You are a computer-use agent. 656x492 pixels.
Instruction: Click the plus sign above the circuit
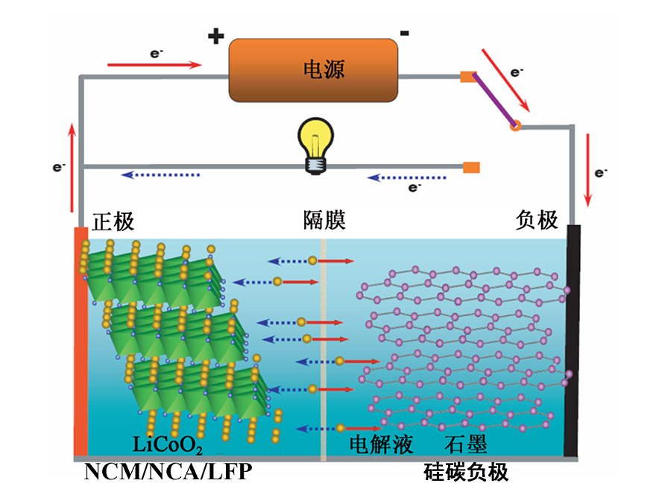[x=215, y=37]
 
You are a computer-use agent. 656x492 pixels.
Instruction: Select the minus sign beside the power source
[x=403, y=33]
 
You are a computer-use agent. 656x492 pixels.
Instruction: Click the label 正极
[x=113, y=221]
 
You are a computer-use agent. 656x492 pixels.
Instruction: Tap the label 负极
[x=537, y=220]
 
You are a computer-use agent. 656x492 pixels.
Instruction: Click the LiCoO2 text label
[x=167, y=447]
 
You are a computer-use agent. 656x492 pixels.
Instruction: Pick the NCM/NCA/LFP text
[x=167, y=473]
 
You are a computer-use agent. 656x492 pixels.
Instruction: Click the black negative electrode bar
[x=571, y=339]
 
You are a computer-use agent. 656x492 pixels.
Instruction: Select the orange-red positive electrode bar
[x=81, y=339]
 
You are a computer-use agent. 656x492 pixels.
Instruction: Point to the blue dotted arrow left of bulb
[x=160, y=174]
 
